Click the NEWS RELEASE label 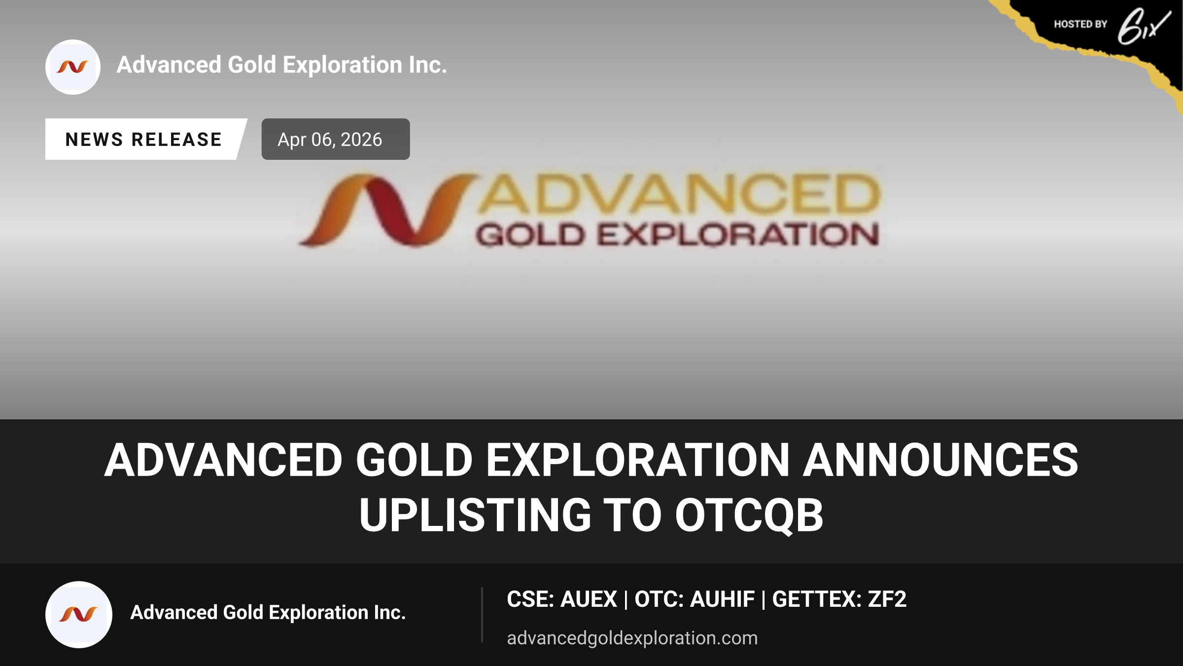[143, 140]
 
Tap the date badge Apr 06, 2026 [335, 139]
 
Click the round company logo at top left [73, 67]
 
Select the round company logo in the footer [79, 614]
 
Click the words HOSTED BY [1080, 24]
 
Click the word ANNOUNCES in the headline [940, 460]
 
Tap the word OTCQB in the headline [749, 516]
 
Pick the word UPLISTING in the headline [475, 516]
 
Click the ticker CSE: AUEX [562, 599]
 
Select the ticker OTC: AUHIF [694, 599]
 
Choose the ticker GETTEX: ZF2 [839, 599]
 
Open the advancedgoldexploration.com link [632, 638]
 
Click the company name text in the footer [268, 613]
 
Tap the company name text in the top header [282, 65]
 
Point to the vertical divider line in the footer [482, 615]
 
